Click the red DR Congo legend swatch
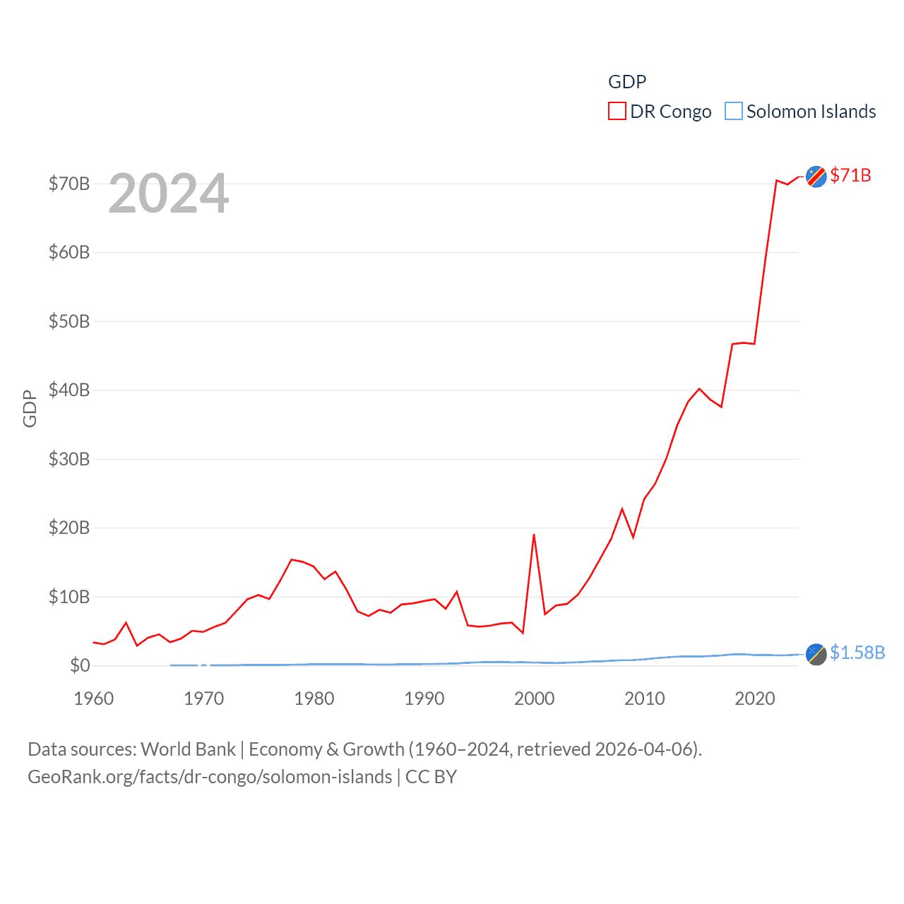pyautogui.click(x=617, y=112)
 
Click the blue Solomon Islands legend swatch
pyautogui.click(x=734, y=112)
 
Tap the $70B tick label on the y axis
pyautogui.click(x=69, y=184)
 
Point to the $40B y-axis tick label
pyautogui.click(x=69, y=390)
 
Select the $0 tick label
pyautogui.click(x=80, y=665)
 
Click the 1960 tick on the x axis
pyautogui.click(x=94, y=698)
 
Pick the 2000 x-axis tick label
pyautogui.click(x=535, y=698)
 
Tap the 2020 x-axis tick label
pyautogui.click(x=755, y=698)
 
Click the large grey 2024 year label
pyautogui.click(x=169, y=194)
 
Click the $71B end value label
pyautogui.click(x=850, y=175)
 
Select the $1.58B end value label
pyautogui.click(x=857, y=653)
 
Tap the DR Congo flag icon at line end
pyautogui.click(x=816, y=177)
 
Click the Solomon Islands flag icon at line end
pyautogui.click(x=816, y=654)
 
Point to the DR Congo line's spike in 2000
pyautogui.click(x=534, y=535)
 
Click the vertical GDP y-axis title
pyautogui.click(x=30, y=408)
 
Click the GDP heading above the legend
pyautogui.click(x=627, y=82)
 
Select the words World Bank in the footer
pyautogui.click(x=189, y=749)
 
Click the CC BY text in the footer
pyautogui.click(x=431, y=777)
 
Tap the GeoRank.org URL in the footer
pyautogui.click(x=210, y=777)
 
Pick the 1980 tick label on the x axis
pyautogui.click(x=314, y=698)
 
